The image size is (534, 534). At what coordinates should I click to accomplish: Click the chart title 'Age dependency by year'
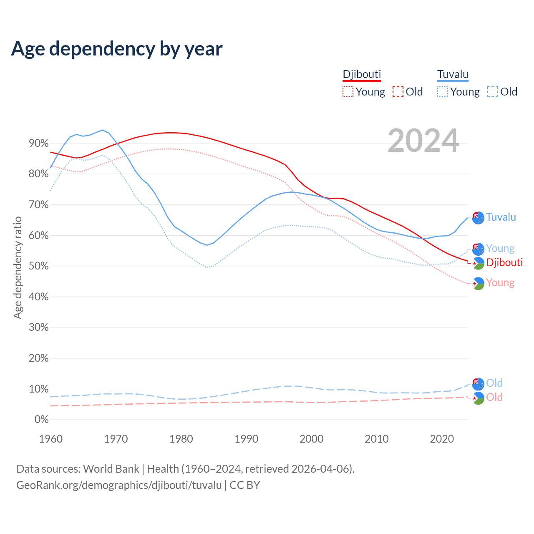pyautogui.click(x=117, y=48)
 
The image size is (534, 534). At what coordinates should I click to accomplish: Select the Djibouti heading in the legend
pyautogui.click(x=362, y=74)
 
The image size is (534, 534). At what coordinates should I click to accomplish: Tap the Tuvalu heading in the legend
pyautogui.click(x=453, y=74)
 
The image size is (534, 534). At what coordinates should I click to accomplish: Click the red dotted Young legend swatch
pyautogui.click(x=348, y=92)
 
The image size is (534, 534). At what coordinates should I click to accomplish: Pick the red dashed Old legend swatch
pyautogui.click(x=398, y=92)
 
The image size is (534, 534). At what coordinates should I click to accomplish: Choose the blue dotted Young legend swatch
pyautogui.click(x=442, y=92)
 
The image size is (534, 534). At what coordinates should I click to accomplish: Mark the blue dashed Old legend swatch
pyautogui.click(x=492, y=92)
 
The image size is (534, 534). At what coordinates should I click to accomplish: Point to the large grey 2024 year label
pyautogui.click(x=423, y=141)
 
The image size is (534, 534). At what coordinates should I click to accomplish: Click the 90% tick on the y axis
pyautogui.click(x=38, y=144)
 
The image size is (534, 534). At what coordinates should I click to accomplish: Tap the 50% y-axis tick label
pyautogui.click(x=38, y=266)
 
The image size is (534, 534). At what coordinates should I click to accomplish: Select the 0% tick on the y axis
pyautogui.click(x=41, y=420)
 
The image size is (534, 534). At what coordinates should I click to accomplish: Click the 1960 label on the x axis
pyautogui.click(x=50, y=439)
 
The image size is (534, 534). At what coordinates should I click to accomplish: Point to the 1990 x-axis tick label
pyautogui.click(x=246, y=439)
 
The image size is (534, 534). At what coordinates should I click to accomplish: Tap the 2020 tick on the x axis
pyautogui.click(x=442, y=439)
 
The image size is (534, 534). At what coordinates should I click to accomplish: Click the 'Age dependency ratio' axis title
pyautogui.click(x=18, y=267)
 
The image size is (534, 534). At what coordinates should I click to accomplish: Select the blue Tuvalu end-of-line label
pyautogui.click(x=501, y=217)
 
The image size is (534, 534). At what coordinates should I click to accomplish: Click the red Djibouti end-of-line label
pyautogui.click(x=504, y=262)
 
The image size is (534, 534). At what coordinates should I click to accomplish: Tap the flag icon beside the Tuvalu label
pyautogui.click(x=478, y=218)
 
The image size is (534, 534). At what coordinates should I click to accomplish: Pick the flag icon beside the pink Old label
pyautogui.click(x=478, y=398)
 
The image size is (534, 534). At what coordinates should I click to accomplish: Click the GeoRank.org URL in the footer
pyautogui.click(x=119, y=485)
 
